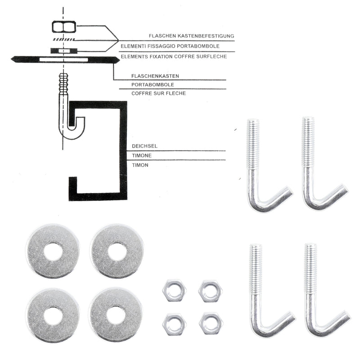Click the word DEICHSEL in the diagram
(x=144, y=146)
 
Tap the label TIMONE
(x=142, y=156)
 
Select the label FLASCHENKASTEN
(x=155, y=76)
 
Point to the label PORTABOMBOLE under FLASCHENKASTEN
(x=153, y=85)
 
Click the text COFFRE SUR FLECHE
(x=159, y=93)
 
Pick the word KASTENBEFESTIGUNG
(x=206, y=36)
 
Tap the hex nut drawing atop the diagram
(x=64, y=27)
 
